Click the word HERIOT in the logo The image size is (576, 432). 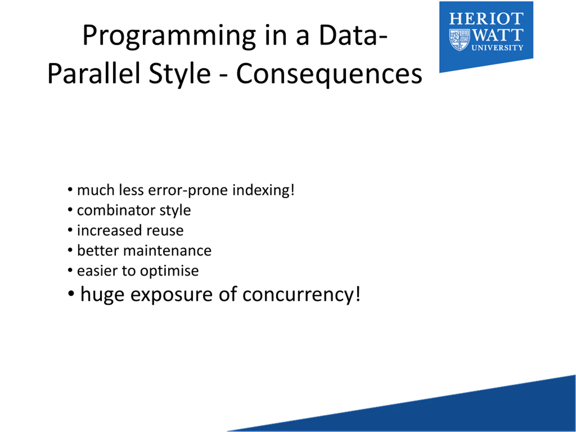click(x=486, y=19)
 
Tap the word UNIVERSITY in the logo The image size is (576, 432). click(x=497, y=48)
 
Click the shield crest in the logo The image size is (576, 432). click(x=460, y=40)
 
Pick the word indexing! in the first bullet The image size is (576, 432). click(x=263, y=191)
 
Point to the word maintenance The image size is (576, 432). click(x=167, y=251)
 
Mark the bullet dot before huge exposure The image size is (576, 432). click(x=71, y=293)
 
